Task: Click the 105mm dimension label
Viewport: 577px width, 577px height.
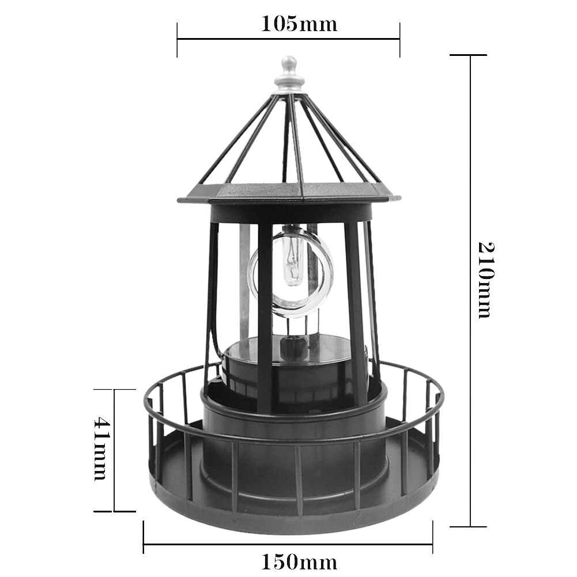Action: point(299,24)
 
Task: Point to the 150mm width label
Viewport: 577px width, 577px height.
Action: point(299,561)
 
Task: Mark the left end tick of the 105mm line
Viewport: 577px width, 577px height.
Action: point(177,40)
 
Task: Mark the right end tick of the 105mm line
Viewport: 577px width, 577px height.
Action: point(399,40)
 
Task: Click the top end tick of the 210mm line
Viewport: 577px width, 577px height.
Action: point(468,55)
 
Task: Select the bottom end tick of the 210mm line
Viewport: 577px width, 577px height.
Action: point(468,526)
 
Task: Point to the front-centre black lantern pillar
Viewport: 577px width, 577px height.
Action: point(265,317)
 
